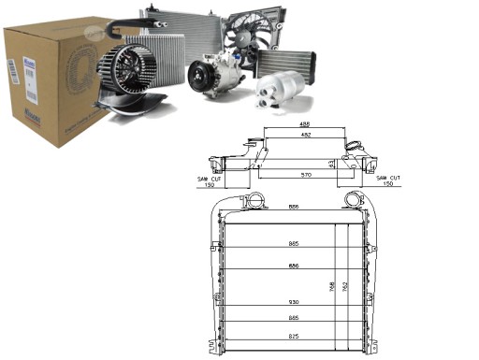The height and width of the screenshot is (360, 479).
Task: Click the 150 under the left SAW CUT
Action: [x=210, y=185]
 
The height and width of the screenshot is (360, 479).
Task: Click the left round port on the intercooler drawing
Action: [x=253, y=201]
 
